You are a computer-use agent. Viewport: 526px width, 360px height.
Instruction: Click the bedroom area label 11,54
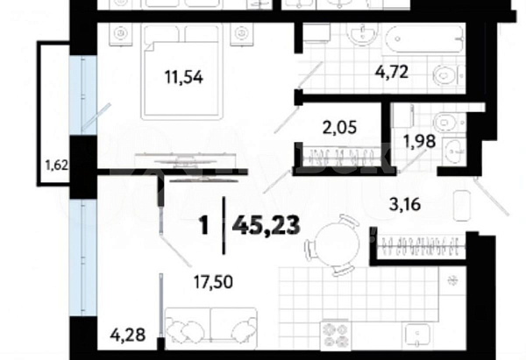[x=184, y=77]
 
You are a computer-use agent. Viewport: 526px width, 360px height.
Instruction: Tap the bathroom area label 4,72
[x=392, y=72]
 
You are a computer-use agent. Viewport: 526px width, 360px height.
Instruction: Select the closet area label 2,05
[x=339, y=127]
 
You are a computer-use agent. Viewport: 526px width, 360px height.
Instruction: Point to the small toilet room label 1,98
[x=419, y=141]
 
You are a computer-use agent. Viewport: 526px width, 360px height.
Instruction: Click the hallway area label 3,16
[x=405, y=204]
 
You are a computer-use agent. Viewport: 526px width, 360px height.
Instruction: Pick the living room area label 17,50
[x=213, y=281]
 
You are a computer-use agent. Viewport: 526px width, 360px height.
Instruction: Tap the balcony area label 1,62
[x=57, y=165]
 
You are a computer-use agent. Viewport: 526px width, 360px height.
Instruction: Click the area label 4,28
[x=128, y=335]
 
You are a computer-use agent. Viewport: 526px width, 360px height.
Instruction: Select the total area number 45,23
[x=267, y=225]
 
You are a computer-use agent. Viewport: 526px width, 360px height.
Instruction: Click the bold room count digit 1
[x=204, y=225]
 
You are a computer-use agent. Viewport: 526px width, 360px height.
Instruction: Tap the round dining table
[x=337, y=241]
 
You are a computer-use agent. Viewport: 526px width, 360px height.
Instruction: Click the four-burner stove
[x=336, y=336]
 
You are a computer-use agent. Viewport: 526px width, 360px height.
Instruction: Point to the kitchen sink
[x=417, y=336]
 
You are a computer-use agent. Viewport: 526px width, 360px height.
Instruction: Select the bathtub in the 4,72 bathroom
[x=424, y=39]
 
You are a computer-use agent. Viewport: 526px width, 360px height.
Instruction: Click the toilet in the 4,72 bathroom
[x=448, y=75]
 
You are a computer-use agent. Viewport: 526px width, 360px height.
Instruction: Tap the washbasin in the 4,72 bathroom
[x=363, y=34]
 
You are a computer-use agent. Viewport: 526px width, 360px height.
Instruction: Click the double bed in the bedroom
[x=183, y=72]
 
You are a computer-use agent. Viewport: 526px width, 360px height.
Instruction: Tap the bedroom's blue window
[x=83, y=95]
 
